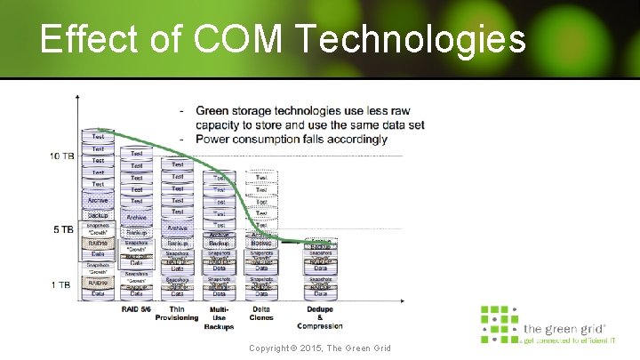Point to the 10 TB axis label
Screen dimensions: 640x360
(62, 156)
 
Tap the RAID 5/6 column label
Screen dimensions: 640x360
(136, 308)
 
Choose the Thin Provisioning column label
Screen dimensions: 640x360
(177, 313)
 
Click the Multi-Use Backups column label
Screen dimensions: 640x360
(219, 317)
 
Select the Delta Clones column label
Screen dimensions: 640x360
(261, 313)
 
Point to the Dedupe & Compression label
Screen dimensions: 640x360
(320, 317)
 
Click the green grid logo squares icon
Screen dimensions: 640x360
(499, 324)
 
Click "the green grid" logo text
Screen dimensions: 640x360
(564, 326)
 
